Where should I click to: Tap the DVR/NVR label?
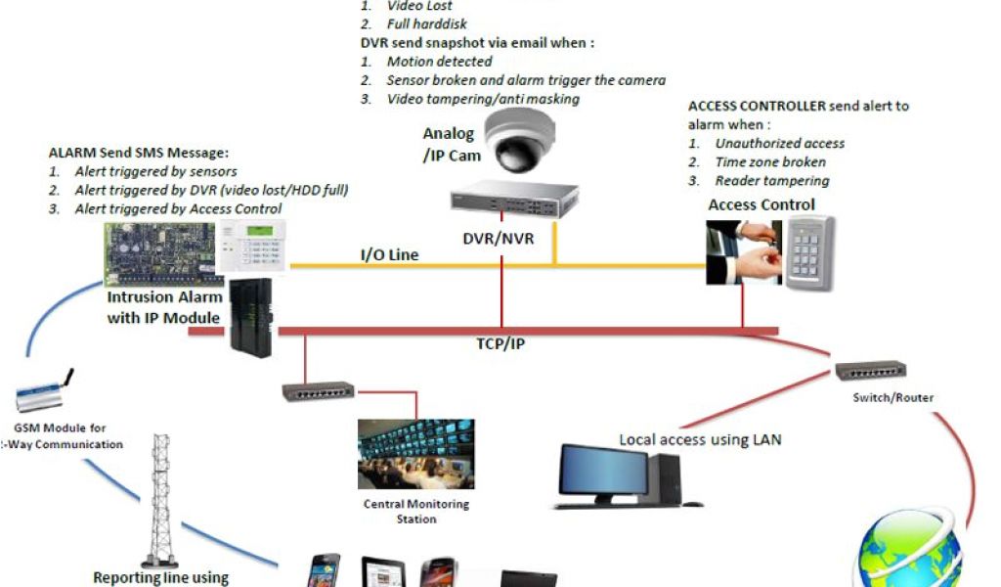click(x=499, y=238)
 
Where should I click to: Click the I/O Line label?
click(x=389, y=255)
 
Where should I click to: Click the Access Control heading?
click(x=762, y=204)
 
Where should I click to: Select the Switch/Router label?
click(x=892, y=397)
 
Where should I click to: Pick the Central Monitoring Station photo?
click(x=417, y=455)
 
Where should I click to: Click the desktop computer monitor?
click(x=603, y=475)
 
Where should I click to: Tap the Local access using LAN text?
click(x=700, y=439)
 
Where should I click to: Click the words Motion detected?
click(x=439, y=62)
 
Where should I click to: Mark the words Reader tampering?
click(x=771, y=180)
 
